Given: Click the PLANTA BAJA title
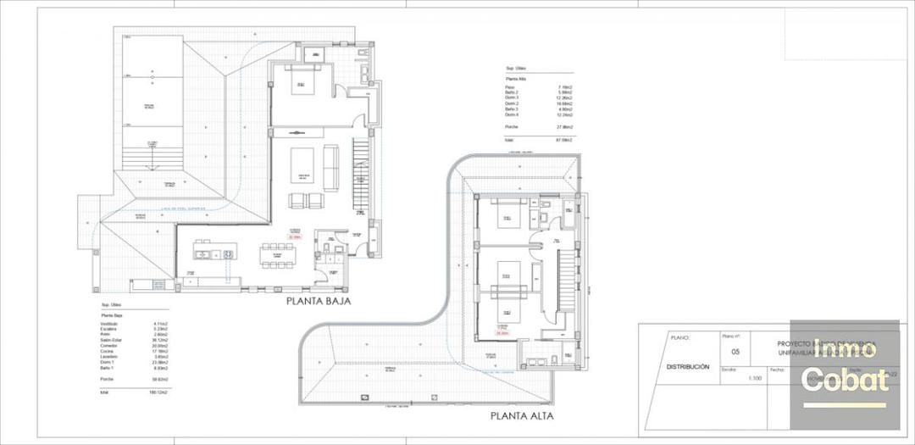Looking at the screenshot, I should [x=318, y=300].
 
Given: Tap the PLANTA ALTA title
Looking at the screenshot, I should [x=521, y=416].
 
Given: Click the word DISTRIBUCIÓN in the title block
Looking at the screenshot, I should [x=687, y=367].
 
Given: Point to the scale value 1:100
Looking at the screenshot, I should [x=754, y=378].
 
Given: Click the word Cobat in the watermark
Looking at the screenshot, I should [x=844, y=380].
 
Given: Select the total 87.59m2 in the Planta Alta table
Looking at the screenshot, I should [x=563, y=138].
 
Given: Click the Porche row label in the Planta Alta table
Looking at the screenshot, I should [x=512, y=127].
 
